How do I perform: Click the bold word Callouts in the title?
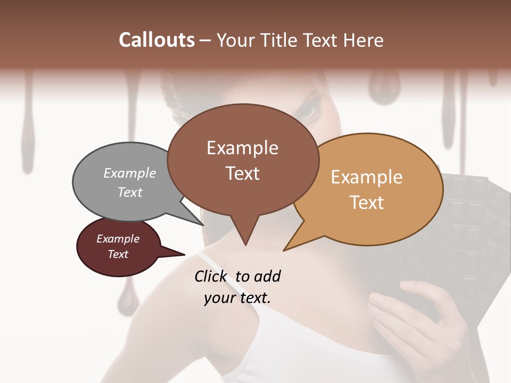click(x=156, y=40)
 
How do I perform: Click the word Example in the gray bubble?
click(x=129, y=173)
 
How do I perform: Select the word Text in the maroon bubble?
click(x=118, y=254)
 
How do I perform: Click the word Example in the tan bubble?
click(x=367, y=177)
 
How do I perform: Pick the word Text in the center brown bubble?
click(x=243, y=173)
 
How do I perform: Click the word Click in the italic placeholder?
click(x=212, y=276)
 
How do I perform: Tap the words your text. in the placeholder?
click(x=237, y=298)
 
